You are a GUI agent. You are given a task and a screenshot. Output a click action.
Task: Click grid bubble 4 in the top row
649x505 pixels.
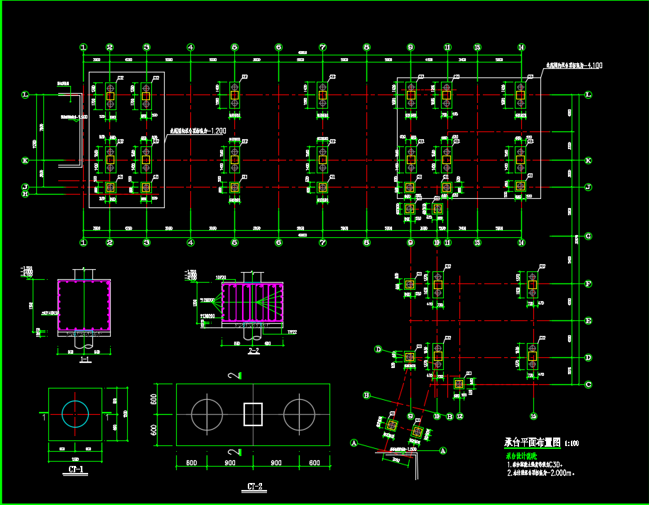(x=190, y=48)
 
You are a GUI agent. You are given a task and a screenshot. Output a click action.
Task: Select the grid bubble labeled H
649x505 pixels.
(x=25, y=193)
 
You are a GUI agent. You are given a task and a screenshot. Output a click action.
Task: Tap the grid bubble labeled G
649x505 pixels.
(x=588, y=236)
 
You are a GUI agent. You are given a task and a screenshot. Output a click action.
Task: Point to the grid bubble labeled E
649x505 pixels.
(x=588, y=321)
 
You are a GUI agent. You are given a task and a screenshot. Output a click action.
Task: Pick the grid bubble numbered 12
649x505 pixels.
(x=459, y=416)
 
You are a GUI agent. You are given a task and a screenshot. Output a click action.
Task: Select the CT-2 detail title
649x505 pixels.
(x=255, y=487)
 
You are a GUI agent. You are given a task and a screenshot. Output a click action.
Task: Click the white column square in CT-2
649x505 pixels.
(x=253, y=413)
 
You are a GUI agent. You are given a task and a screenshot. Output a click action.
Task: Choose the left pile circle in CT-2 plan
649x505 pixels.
(x=207, y=413)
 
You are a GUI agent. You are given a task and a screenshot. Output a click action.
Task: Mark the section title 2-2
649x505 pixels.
(x=253, y=351)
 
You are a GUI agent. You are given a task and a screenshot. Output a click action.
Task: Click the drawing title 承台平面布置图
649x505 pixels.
(x=533, y=442)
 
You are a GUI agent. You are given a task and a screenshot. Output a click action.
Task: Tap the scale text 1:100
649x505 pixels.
(x=571, y=443)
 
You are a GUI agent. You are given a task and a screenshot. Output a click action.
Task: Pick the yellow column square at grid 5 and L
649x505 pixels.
(x=234, y=94)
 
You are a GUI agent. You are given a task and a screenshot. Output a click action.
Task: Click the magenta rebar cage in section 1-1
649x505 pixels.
(x=84, y=306)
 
